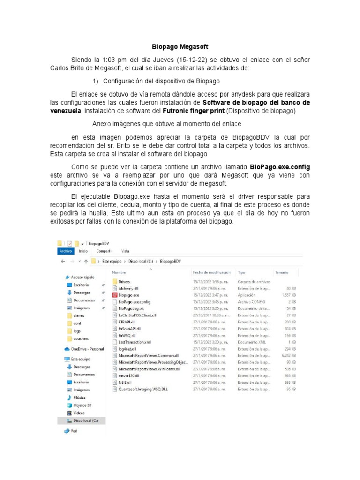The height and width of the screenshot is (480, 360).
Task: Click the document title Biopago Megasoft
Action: (180, 47)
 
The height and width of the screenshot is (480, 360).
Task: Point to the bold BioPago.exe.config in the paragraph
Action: (280, 166)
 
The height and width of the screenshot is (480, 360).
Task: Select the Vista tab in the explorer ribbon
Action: (125, 251)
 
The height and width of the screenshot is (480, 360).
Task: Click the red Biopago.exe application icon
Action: (115, 295)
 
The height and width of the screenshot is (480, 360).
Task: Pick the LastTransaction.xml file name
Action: (135, 342)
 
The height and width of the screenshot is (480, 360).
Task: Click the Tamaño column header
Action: (281, 272)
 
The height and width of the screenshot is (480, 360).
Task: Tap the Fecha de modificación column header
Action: (212, 272)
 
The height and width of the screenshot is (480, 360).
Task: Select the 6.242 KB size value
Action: (288, 355)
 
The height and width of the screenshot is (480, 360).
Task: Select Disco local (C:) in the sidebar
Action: (85, 420)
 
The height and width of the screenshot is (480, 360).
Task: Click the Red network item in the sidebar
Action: (74, 431)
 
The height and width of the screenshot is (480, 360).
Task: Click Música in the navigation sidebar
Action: (80, 397)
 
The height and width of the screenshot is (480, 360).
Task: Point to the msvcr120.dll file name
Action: (129, 375)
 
